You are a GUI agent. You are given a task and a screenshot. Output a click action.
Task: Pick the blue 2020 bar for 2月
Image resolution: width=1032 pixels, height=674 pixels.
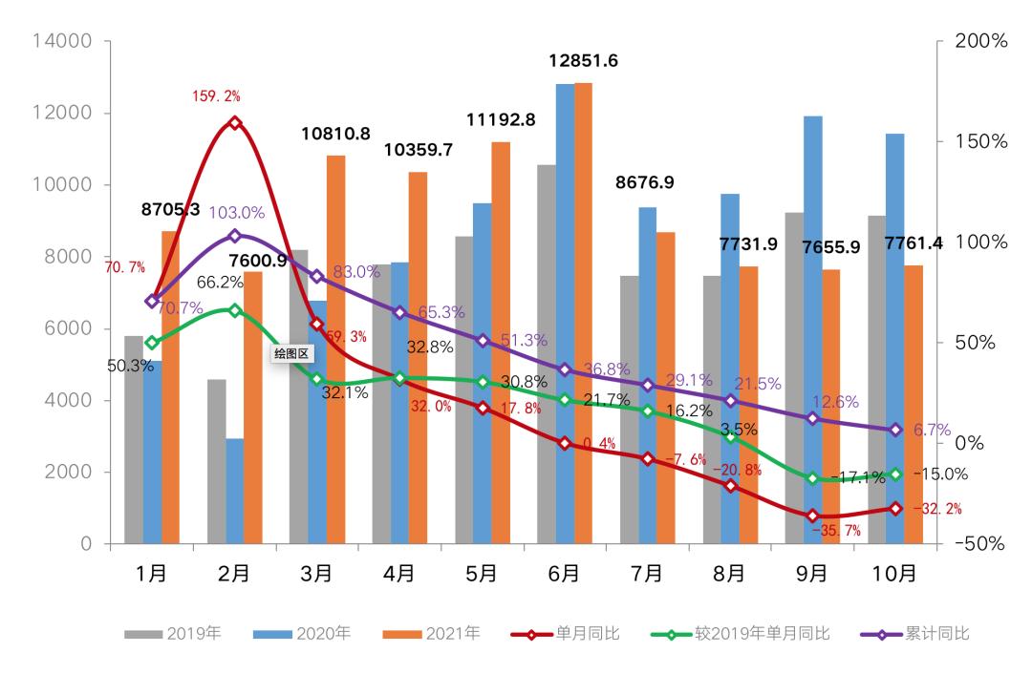coord(235,491)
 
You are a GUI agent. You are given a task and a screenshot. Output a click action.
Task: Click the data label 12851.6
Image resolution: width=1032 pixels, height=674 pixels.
coord(583,61)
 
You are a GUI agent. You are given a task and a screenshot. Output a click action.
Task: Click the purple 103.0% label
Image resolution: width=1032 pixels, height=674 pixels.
coord(238,213)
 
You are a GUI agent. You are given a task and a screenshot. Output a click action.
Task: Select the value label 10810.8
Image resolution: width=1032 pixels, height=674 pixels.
coord(335,134)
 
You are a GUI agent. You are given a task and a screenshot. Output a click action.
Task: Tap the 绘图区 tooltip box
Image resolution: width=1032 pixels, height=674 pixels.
coord(292,352)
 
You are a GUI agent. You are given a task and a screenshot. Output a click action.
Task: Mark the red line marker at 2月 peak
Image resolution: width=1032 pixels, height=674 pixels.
coord(234,122)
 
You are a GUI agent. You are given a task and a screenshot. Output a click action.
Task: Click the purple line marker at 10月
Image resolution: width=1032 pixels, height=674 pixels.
coord(895,431)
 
